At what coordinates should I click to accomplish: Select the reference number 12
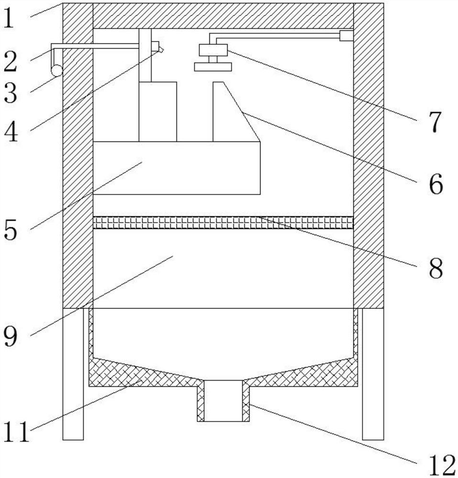tap(439, 463)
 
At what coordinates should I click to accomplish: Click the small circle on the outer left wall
tap(57, 71)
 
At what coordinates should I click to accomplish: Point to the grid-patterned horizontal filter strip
tap(223, 222)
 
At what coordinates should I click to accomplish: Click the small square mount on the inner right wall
tap(346, 35)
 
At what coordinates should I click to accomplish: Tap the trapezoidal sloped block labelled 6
tap(232, 115)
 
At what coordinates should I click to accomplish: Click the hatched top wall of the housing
tap(223, 16)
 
